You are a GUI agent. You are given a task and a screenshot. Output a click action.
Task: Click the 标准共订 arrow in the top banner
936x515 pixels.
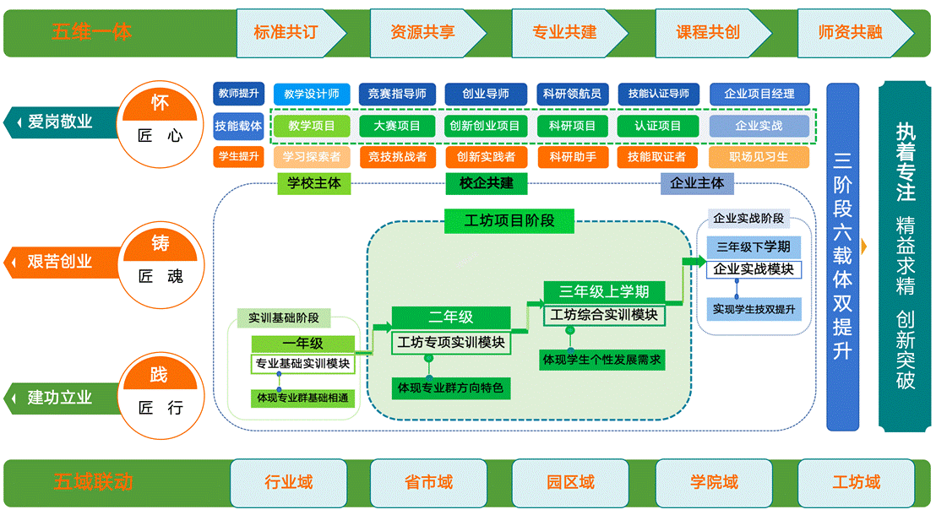tap(288, 32)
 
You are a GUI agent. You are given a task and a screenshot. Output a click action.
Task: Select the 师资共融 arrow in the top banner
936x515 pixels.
tap(852, 32)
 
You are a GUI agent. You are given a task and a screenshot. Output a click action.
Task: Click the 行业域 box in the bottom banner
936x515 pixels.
tap(288, 483)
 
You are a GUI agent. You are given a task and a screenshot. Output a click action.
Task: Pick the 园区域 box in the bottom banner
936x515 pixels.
tap(570, 483)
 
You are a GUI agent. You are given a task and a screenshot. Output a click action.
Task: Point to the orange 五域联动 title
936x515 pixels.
tap(93, 483)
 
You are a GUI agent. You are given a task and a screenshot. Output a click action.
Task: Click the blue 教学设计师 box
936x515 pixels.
tap(312, 94)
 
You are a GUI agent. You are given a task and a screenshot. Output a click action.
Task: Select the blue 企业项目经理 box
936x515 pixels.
tap(759, 94)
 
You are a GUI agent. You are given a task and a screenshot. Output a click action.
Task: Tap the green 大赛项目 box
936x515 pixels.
tap(397, 126)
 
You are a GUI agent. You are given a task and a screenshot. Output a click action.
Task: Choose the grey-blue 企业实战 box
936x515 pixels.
tap(759, 126)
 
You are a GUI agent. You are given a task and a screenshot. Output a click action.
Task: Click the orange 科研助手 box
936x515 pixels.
tap(573, 157)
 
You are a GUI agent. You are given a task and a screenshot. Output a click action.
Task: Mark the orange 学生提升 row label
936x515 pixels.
tap(239, 156)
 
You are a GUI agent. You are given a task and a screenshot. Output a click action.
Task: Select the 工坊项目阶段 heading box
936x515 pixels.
tap(509, 221)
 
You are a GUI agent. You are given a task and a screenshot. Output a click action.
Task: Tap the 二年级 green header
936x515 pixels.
tap(451, 317)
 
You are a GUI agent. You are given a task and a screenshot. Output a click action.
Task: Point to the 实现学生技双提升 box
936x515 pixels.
tap(754, 309)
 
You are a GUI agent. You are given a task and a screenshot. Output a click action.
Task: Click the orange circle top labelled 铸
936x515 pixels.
tap(161, 244)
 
